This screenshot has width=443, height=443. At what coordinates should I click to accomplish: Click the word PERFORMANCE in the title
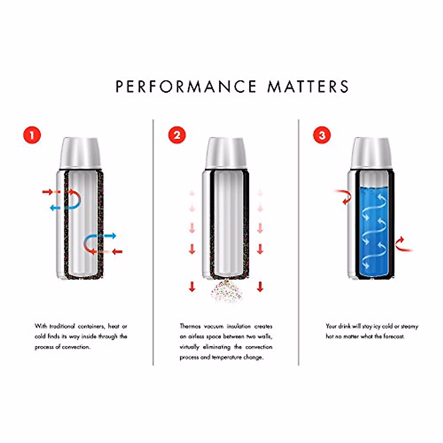(x=186, y=87)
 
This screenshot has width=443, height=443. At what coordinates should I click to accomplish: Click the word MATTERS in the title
(x=308, y=87)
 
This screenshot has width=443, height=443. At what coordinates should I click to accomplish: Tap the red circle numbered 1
(x=32, y=135)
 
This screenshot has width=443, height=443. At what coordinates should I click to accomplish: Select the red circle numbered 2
(x=177, y=135)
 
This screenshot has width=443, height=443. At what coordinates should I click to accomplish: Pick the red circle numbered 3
(x=322, y=135)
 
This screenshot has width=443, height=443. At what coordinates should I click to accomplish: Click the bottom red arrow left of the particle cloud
(x=192, y=286)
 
